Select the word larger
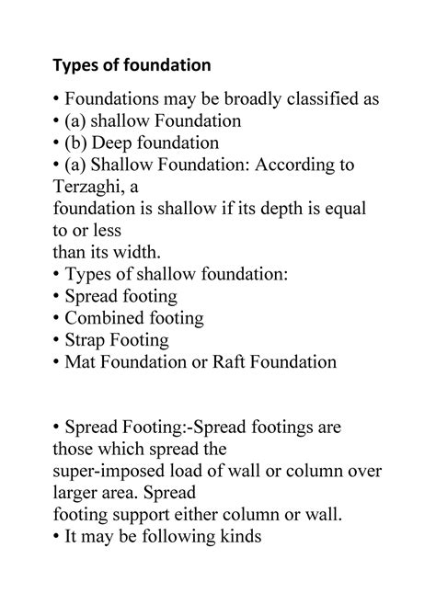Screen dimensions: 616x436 75,494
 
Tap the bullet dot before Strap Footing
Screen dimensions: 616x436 58,341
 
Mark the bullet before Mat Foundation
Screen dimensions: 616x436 58,363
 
